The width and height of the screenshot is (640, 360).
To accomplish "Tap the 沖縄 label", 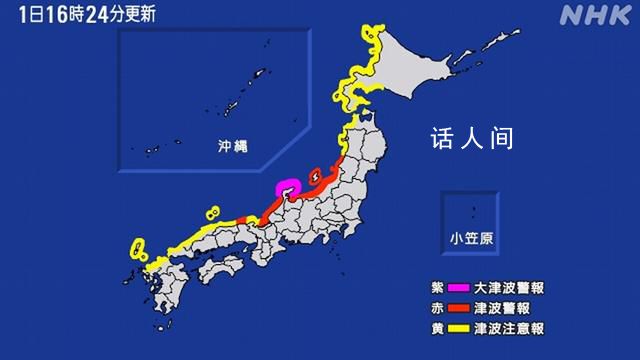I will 232,146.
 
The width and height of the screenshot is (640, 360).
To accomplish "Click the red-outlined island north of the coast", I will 313,176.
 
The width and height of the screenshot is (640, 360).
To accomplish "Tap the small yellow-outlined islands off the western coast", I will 212,213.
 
